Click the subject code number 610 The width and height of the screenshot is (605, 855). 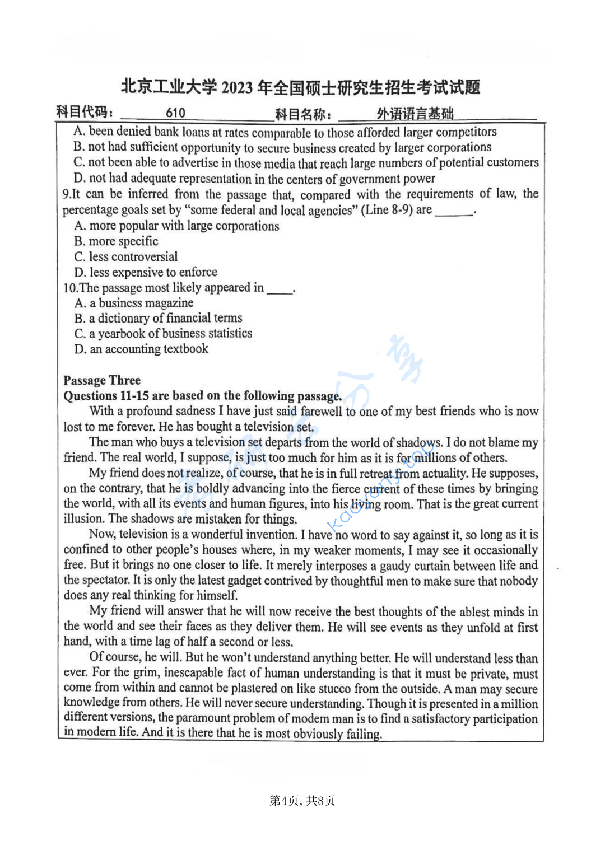(175, 113)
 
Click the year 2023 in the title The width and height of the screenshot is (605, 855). (237, 87)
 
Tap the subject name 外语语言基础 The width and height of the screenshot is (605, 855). (415, 114)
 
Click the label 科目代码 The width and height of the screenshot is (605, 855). (85, 112)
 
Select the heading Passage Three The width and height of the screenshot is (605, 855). (102, 380)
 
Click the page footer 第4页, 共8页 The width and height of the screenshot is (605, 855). (302, 800)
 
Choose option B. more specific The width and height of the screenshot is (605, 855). (117, 241)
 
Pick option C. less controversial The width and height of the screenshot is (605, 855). (126, 256)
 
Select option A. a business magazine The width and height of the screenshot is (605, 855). (134, 303)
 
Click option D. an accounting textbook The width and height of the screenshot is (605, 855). (141, 349)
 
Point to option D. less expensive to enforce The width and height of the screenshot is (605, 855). (146, 272)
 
